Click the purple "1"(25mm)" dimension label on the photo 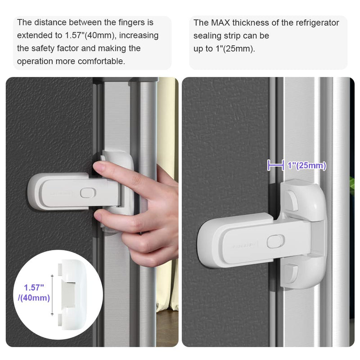pyautogui.click(x=306, y=166)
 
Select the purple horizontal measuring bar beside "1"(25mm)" pyautogui.click(x=275, y=166)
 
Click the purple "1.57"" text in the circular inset pyautogui.click(x=35, y=287)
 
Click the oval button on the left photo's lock pyautogui.click(x=86, y=192)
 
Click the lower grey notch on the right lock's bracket pyautogui.click(x=291, y=271)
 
